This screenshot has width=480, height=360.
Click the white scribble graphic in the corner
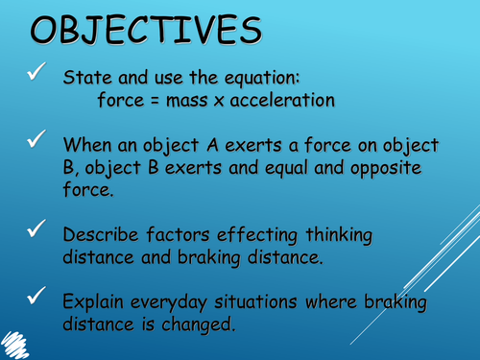coord(28,340)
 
